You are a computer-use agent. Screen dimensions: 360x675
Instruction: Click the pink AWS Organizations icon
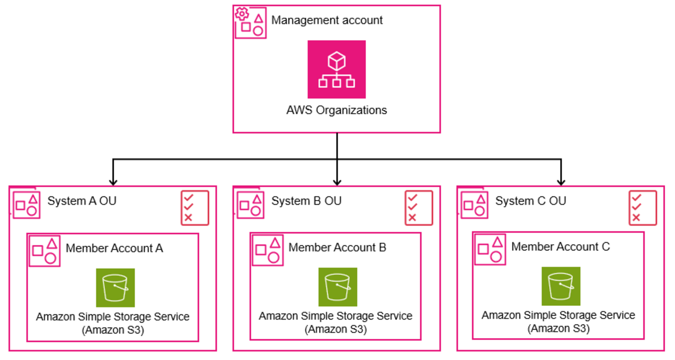(336, 69)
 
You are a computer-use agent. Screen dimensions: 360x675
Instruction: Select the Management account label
(327, 20)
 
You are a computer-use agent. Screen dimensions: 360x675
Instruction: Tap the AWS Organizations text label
(336, 110)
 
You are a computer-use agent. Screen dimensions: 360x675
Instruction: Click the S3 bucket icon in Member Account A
(115, 288)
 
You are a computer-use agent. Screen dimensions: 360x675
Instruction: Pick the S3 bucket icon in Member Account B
(337, 287)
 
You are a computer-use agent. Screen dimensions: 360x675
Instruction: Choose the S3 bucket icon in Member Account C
(561, 286)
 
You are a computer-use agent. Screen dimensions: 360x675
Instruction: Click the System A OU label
(82, 201)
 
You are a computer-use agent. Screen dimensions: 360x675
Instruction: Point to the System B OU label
(306, 201)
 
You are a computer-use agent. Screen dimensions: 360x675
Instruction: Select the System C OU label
(531, 201)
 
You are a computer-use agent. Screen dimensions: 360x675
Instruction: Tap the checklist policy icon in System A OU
(195, 208)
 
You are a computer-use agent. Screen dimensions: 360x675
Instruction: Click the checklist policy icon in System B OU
(419, 208)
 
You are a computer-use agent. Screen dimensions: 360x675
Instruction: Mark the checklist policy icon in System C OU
(643, 208)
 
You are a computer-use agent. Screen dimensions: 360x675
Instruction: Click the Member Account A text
(114, 248)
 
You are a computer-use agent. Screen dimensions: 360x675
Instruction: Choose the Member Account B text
(337, 247)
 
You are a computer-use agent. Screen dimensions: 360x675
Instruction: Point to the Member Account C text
(561, 247)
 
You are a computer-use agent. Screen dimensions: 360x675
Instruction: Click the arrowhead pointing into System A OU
(113, 181)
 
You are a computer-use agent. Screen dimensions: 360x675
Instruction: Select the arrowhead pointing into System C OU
(561, 181)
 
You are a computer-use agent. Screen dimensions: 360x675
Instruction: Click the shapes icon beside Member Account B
(268, 249)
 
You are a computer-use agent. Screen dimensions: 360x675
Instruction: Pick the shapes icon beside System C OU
(475, 205)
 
